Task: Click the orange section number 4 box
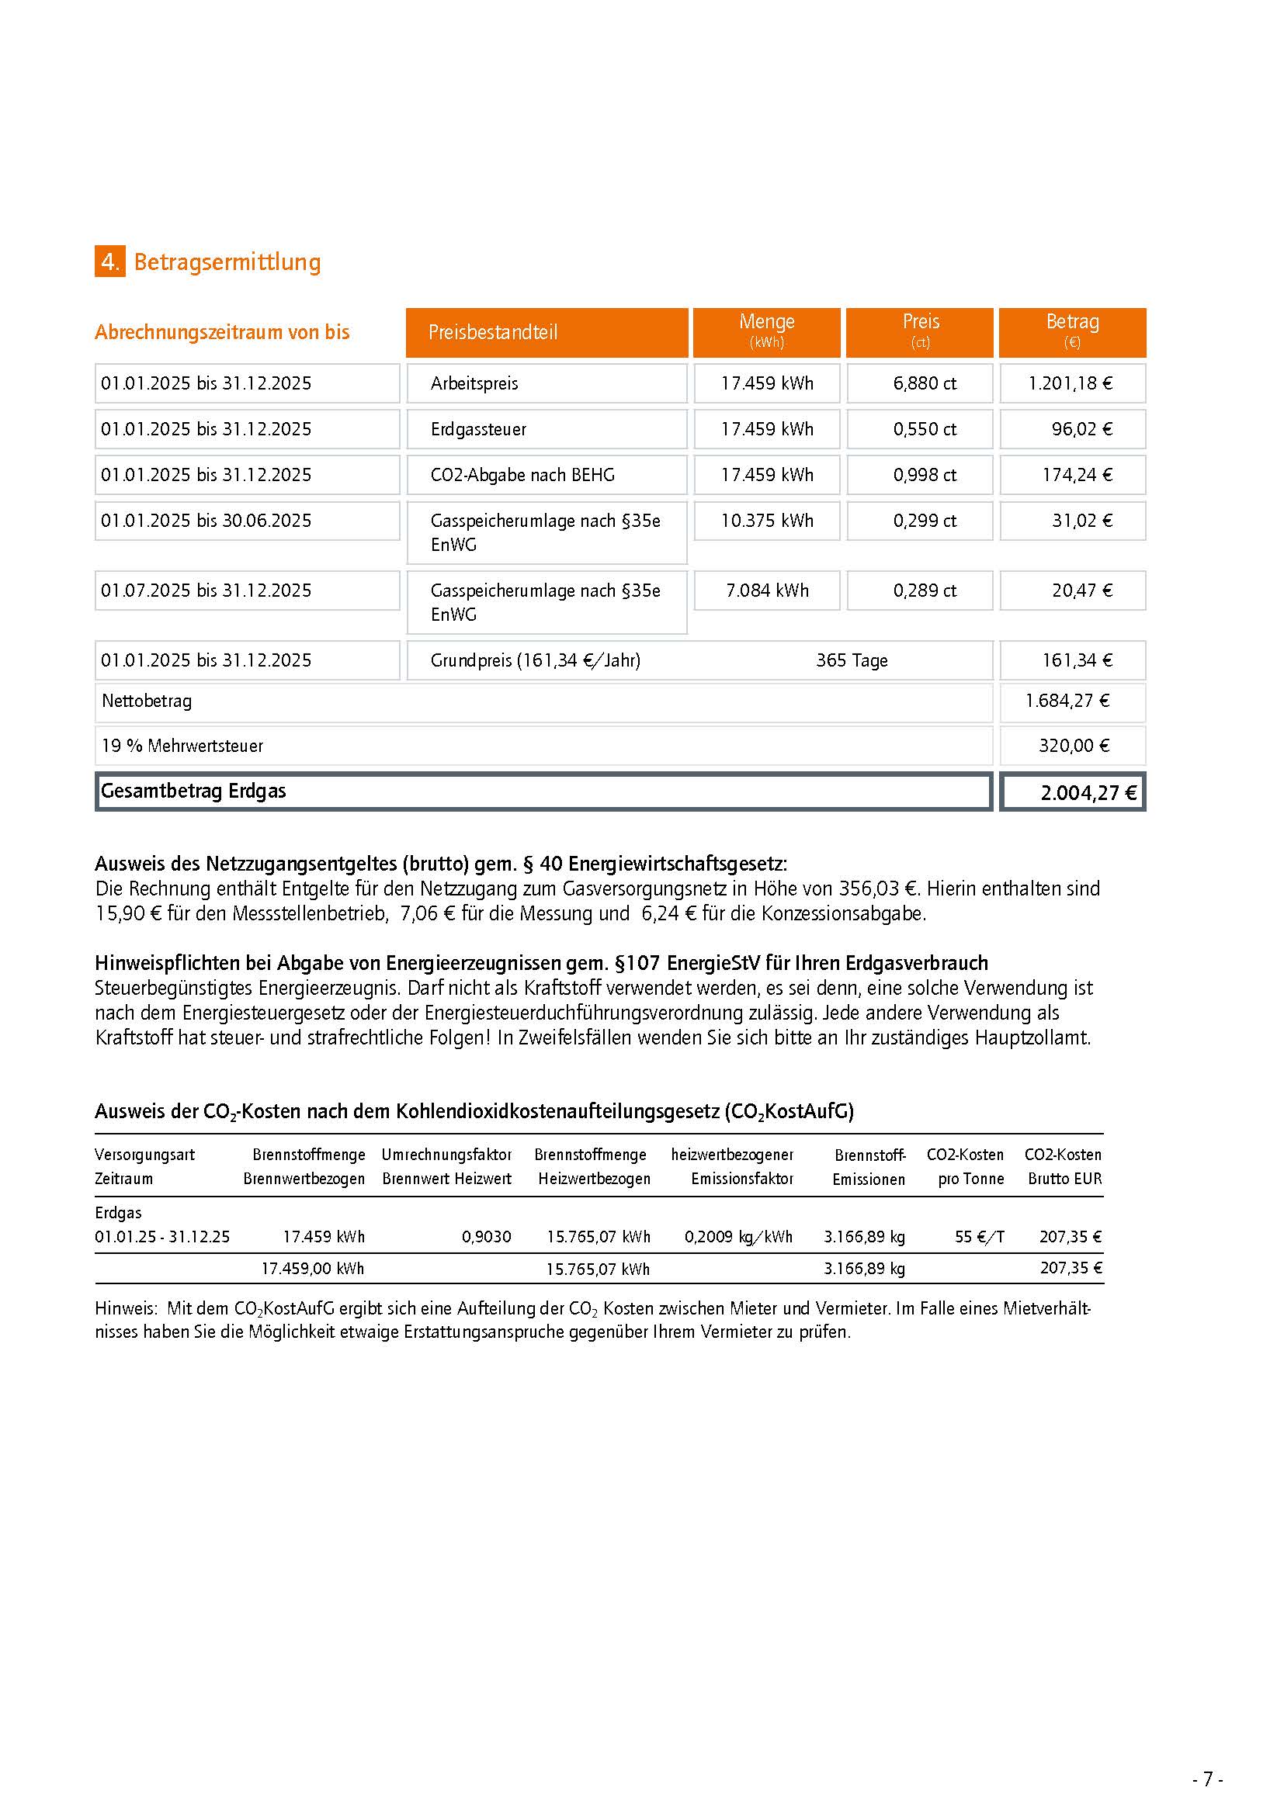(x=110, y=262)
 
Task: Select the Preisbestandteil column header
(x=547, y=332)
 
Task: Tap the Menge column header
(x=766, y=332)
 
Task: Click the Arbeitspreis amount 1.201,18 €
(x=1071, y=383)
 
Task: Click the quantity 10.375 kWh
(x=766, y=521)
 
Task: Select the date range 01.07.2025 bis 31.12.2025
(x=206, y=591)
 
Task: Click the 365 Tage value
(x=852, y=660)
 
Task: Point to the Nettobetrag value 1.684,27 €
(x=1067, y=701)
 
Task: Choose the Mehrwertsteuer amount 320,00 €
(x=1074, y=746)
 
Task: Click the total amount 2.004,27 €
(x=1088, y=793)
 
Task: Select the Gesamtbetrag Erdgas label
(x=194, y=791)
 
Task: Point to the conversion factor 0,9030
(x=486, y=1237)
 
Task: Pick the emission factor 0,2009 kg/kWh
(x=738, y=1237)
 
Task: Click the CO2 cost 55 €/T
(x=979, y=1237)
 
